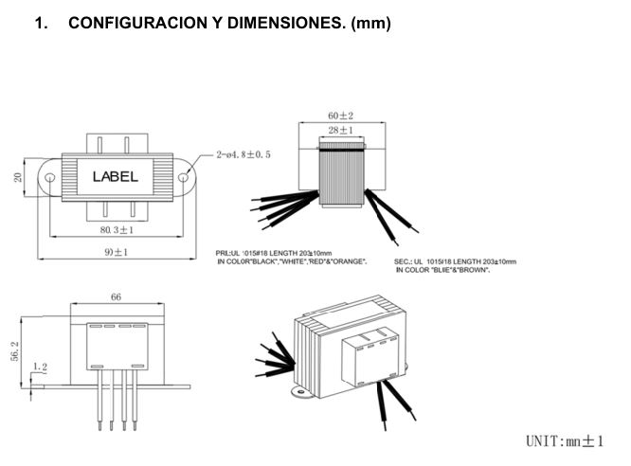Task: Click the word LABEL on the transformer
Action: (x=115, y=176)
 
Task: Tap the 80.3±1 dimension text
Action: (x=115, y=229)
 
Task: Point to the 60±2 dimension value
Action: (x=340, y=116)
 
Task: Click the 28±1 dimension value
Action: (x=340, y=130)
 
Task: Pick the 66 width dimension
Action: (x=116, y=297)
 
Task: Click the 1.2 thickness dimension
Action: (x=40, y=367)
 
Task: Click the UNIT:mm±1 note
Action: (x=565, y=440)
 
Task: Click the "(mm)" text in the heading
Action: (x=370, y=23)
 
